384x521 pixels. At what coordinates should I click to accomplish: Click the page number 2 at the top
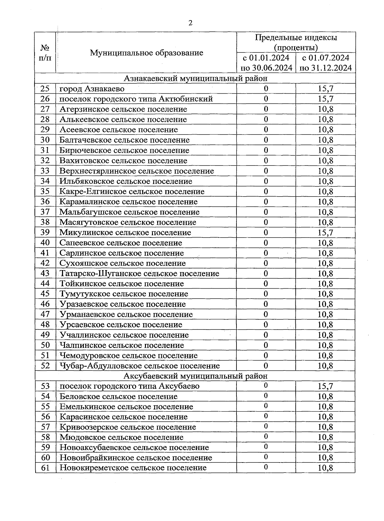click(190, 23)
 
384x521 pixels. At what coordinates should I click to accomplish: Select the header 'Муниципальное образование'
click(146, 53)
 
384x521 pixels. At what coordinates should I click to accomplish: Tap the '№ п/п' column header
click(45, 53)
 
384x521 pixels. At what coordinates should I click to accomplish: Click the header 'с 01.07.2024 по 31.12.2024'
click(326, 63)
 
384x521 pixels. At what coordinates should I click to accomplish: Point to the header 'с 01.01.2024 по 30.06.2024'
click(266, 63)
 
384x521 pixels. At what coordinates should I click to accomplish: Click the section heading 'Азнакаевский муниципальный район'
click(195, 78)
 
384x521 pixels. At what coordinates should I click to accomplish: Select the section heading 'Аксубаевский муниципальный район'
click(195, 376)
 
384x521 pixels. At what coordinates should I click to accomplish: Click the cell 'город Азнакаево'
click(92, 89)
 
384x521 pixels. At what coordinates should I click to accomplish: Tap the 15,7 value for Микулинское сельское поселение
click(325, 232)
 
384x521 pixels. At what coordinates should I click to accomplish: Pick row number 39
click(45, 232)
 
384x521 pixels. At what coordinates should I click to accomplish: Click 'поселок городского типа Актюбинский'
click(136, 99)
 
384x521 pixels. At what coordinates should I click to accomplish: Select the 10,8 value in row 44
click(325, 284)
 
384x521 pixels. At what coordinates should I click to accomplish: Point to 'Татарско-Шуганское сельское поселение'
click(139, 274)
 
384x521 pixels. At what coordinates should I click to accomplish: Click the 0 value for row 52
click(266, 366)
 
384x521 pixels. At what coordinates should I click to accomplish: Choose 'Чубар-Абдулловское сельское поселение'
click(140, 366)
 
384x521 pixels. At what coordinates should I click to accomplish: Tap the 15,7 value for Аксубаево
click(325, 386)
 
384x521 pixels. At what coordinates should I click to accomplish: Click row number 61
click(45, 468)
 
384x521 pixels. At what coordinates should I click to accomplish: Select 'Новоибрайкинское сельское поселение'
click(136, 458)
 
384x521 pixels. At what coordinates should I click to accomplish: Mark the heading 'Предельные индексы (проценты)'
click(296, 43)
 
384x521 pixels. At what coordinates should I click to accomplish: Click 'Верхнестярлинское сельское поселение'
click(137, 171)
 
